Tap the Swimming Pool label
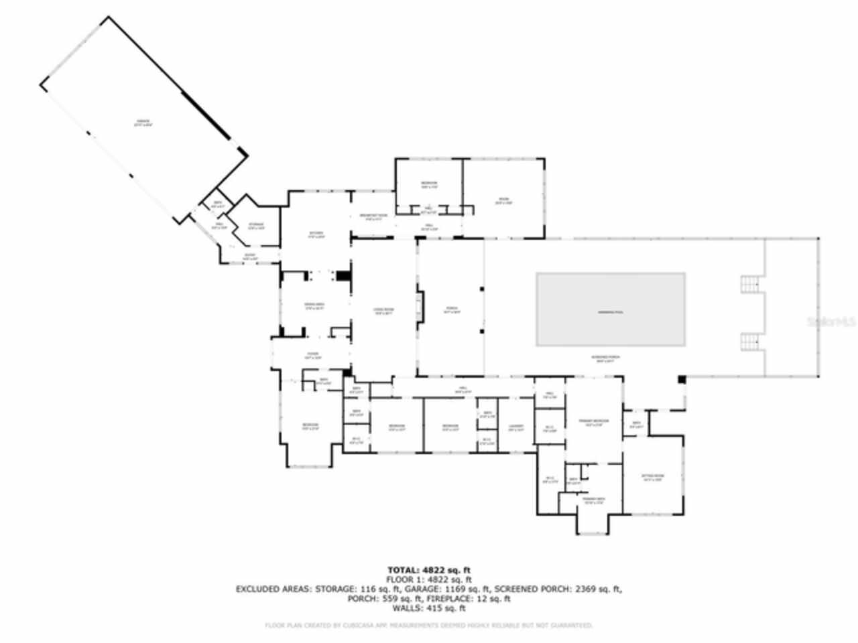(610, 312)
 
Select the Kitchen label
(316, 234)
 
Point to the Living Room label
(383, 311)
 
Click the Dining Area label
(314, 307)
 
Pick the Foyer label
(312, 356)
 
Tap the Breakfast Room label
(373, 216)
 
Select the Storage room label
(256, 226)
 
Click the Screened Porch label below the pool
(605, 358)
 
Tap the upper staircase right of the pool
(751, 284)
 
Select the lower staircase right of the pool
(751, 342)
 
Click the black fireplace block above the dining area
(343, 275)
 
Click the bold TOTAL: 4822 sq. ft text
(429, 570)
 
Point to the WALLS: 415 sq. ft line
(429, 608)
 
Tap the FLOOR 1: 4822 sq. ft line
(429, 579)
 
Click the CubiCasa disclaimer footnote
(429, 626)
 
